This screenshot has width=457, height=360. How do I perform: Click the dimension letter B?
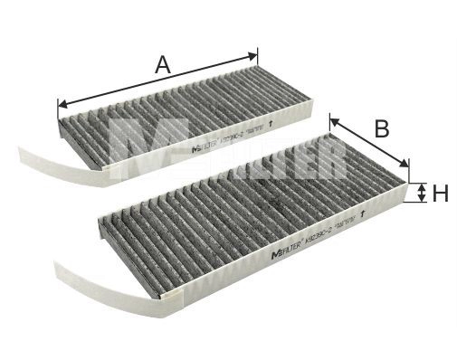coord(382,128)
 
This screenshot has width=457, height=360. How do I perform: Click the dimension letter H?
coord(440,193)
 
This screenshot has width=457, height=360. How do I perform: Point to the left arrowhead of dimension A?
coord(62,102)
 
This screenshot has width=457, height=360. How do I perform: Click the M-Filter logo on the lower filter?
coord(288,254)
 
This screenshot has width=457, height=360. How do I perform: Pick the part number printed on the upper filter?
coord(231,134)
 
